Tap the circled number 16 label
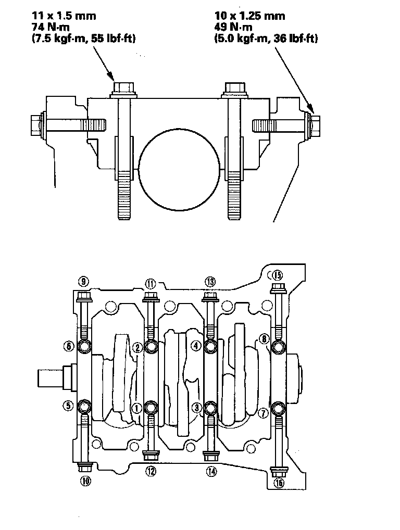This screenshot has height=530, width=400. pyautogui.click(x=279, y=483)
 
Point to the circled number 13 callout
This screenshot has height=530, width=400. pyautogui.click(x=210, y=282)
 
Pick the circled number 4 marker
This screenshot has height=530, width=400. pyautogui.click(x=196, y=345)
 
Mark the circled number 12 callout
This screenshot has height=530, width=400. pyautogui.click(x=151, y=472)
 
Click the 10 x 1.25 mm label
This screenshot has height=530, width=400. pyautogui.click(x=250, y=16)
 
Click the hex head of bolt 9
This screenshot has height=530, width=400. pyautogui.click(x=83, y=297)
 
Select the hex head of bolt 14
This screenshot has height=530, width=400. pyautogui.click(x=210, y=457)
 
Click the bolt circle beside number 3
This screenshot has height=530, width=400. pyautogui.click(x=210, y=407)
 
